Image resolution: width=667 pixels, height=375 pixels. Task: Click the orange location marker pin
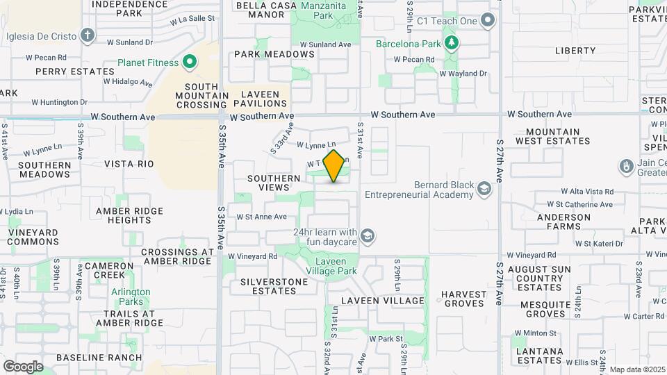point(334,166)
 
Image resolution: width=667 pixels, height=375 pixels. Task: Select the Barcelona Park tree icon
point(452,44)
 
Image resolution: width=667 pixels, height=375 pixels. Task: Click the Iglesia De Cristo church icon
point(87,35)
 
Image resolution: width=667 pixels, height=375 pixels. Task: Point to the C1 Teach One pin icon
point(488,20)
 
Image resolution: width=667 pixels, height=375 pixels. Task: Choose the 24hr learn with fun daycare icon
point(368,237)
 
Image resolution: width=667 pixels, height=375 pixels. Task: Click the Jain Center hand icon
point(626,167)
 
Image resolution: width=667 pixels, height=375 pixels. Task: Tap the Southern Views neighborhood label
point(269,183)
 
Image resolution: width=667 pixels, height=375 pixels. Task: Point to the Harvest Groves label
point(464,299)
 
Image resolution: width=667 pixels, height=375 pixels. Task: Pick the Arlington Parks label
point(131,297)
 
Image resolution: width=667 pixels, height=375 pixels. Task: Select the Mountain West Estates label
point(553,136)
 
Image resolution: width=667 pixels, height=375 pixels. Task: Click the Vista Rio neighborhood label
point(129,164)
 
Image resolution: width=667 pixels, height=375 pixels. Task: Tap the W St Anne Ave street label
point(261,217)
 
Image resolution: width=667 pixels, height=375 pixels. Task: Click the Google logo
point(23,366)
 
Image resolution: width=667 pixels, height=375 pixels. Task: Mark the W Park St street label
point(386,339)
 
